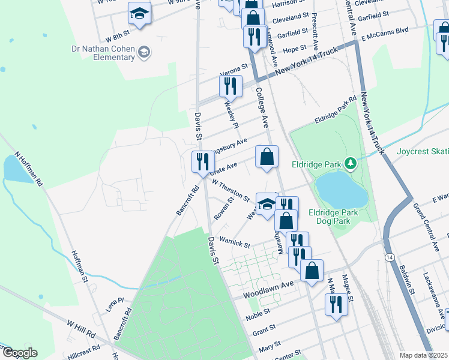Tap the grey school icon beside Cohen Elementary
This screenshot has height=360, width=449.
(143, 53)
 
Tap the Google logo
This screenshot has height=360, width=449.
(19, 353)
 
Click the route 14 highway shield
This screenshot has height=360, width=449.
(390, 257)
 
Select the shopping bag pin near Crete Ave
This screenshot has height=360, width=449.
(267, 157)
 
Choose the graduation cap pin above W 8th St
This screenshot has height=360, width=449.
(140, 13)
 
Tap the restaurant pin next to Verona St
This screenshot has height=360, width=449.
(231, 86)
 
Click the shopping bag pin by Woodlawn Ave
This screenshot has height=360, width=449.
(312, 270)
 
